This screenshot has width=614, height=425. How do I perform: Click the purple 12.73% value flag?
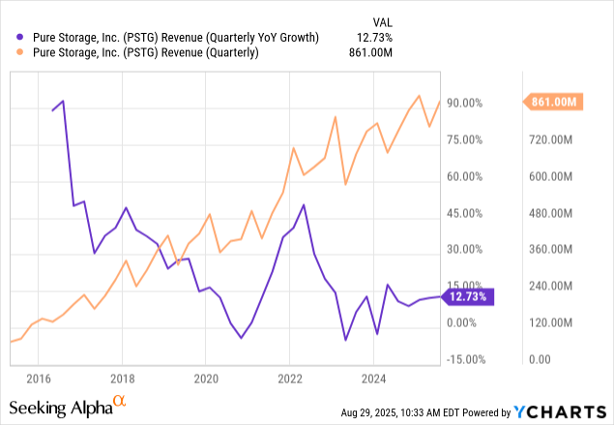tap(467, 296)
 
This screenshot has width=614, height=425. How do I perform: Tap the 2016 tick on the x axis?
tap(38, 378)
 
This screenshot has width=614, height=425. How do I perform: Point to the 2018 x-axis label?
tap(122, 378)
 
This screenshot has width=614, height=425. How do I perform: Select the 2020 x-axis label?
tap(207, 378)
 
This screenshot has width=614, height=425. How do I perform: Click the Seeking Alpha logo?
tap(68, 406)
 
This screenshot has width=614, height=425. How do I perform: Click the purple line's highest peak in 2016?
tap(64, 101)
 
